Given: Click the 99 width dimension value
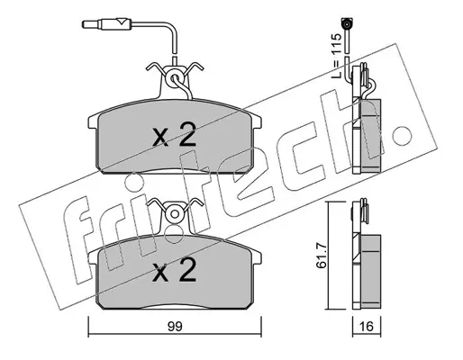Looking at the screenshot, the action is coord(175,327).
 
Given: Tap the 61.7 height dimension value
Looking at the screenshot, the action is coord(322,255).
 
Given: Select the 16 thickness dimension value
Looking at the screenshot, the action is coord(367,327).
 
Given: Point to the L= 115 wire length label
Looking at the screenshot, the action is coord(337,56).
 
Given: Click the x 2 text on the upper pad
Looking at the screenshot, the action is coord(175,135).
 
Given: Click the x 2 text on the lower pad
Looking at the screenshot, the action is coord(175,270).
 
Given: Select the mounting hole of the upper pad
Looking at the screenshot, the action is coord(174,78).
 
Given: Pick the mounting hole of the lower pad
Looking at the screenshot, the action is coord(174,214).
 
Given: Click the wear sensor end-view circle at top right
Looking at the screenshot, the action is coord(347,23).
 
